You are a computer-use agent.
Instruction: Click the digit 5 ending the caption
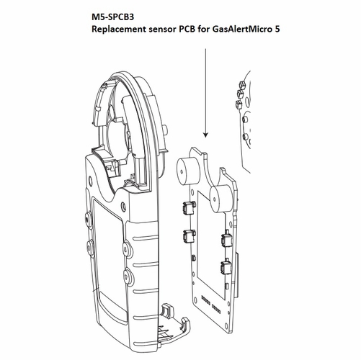pos(317,33)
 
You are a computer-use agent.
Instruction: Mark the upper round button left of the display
pos(87,217)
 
